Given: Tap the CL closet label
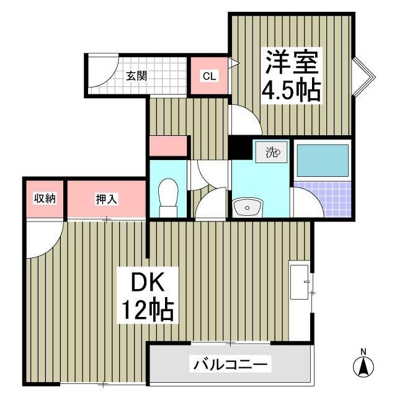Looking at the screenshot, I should point(209,76).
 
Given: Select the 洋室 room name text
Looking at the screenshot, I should point(292,63).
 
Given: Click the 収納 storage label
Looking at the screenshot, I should point(45,198).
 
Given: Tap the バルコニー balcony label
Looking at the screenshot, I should point(230,364).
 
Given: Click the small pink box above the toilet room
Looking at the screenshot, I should point(168,146).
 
